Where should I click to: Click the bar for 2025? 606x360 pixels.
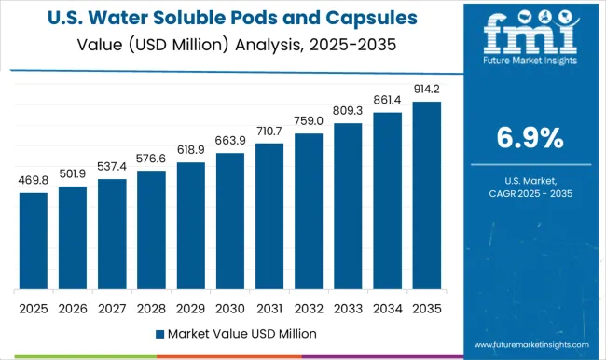(x=33, y=241)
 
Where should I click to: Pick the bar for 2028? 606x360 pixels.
(x=151, y=230)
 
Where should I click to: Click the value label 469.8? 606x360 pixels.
(x=33, y=182)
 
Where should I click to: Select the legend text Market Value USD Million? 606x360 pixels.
(x=236, y=333)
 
